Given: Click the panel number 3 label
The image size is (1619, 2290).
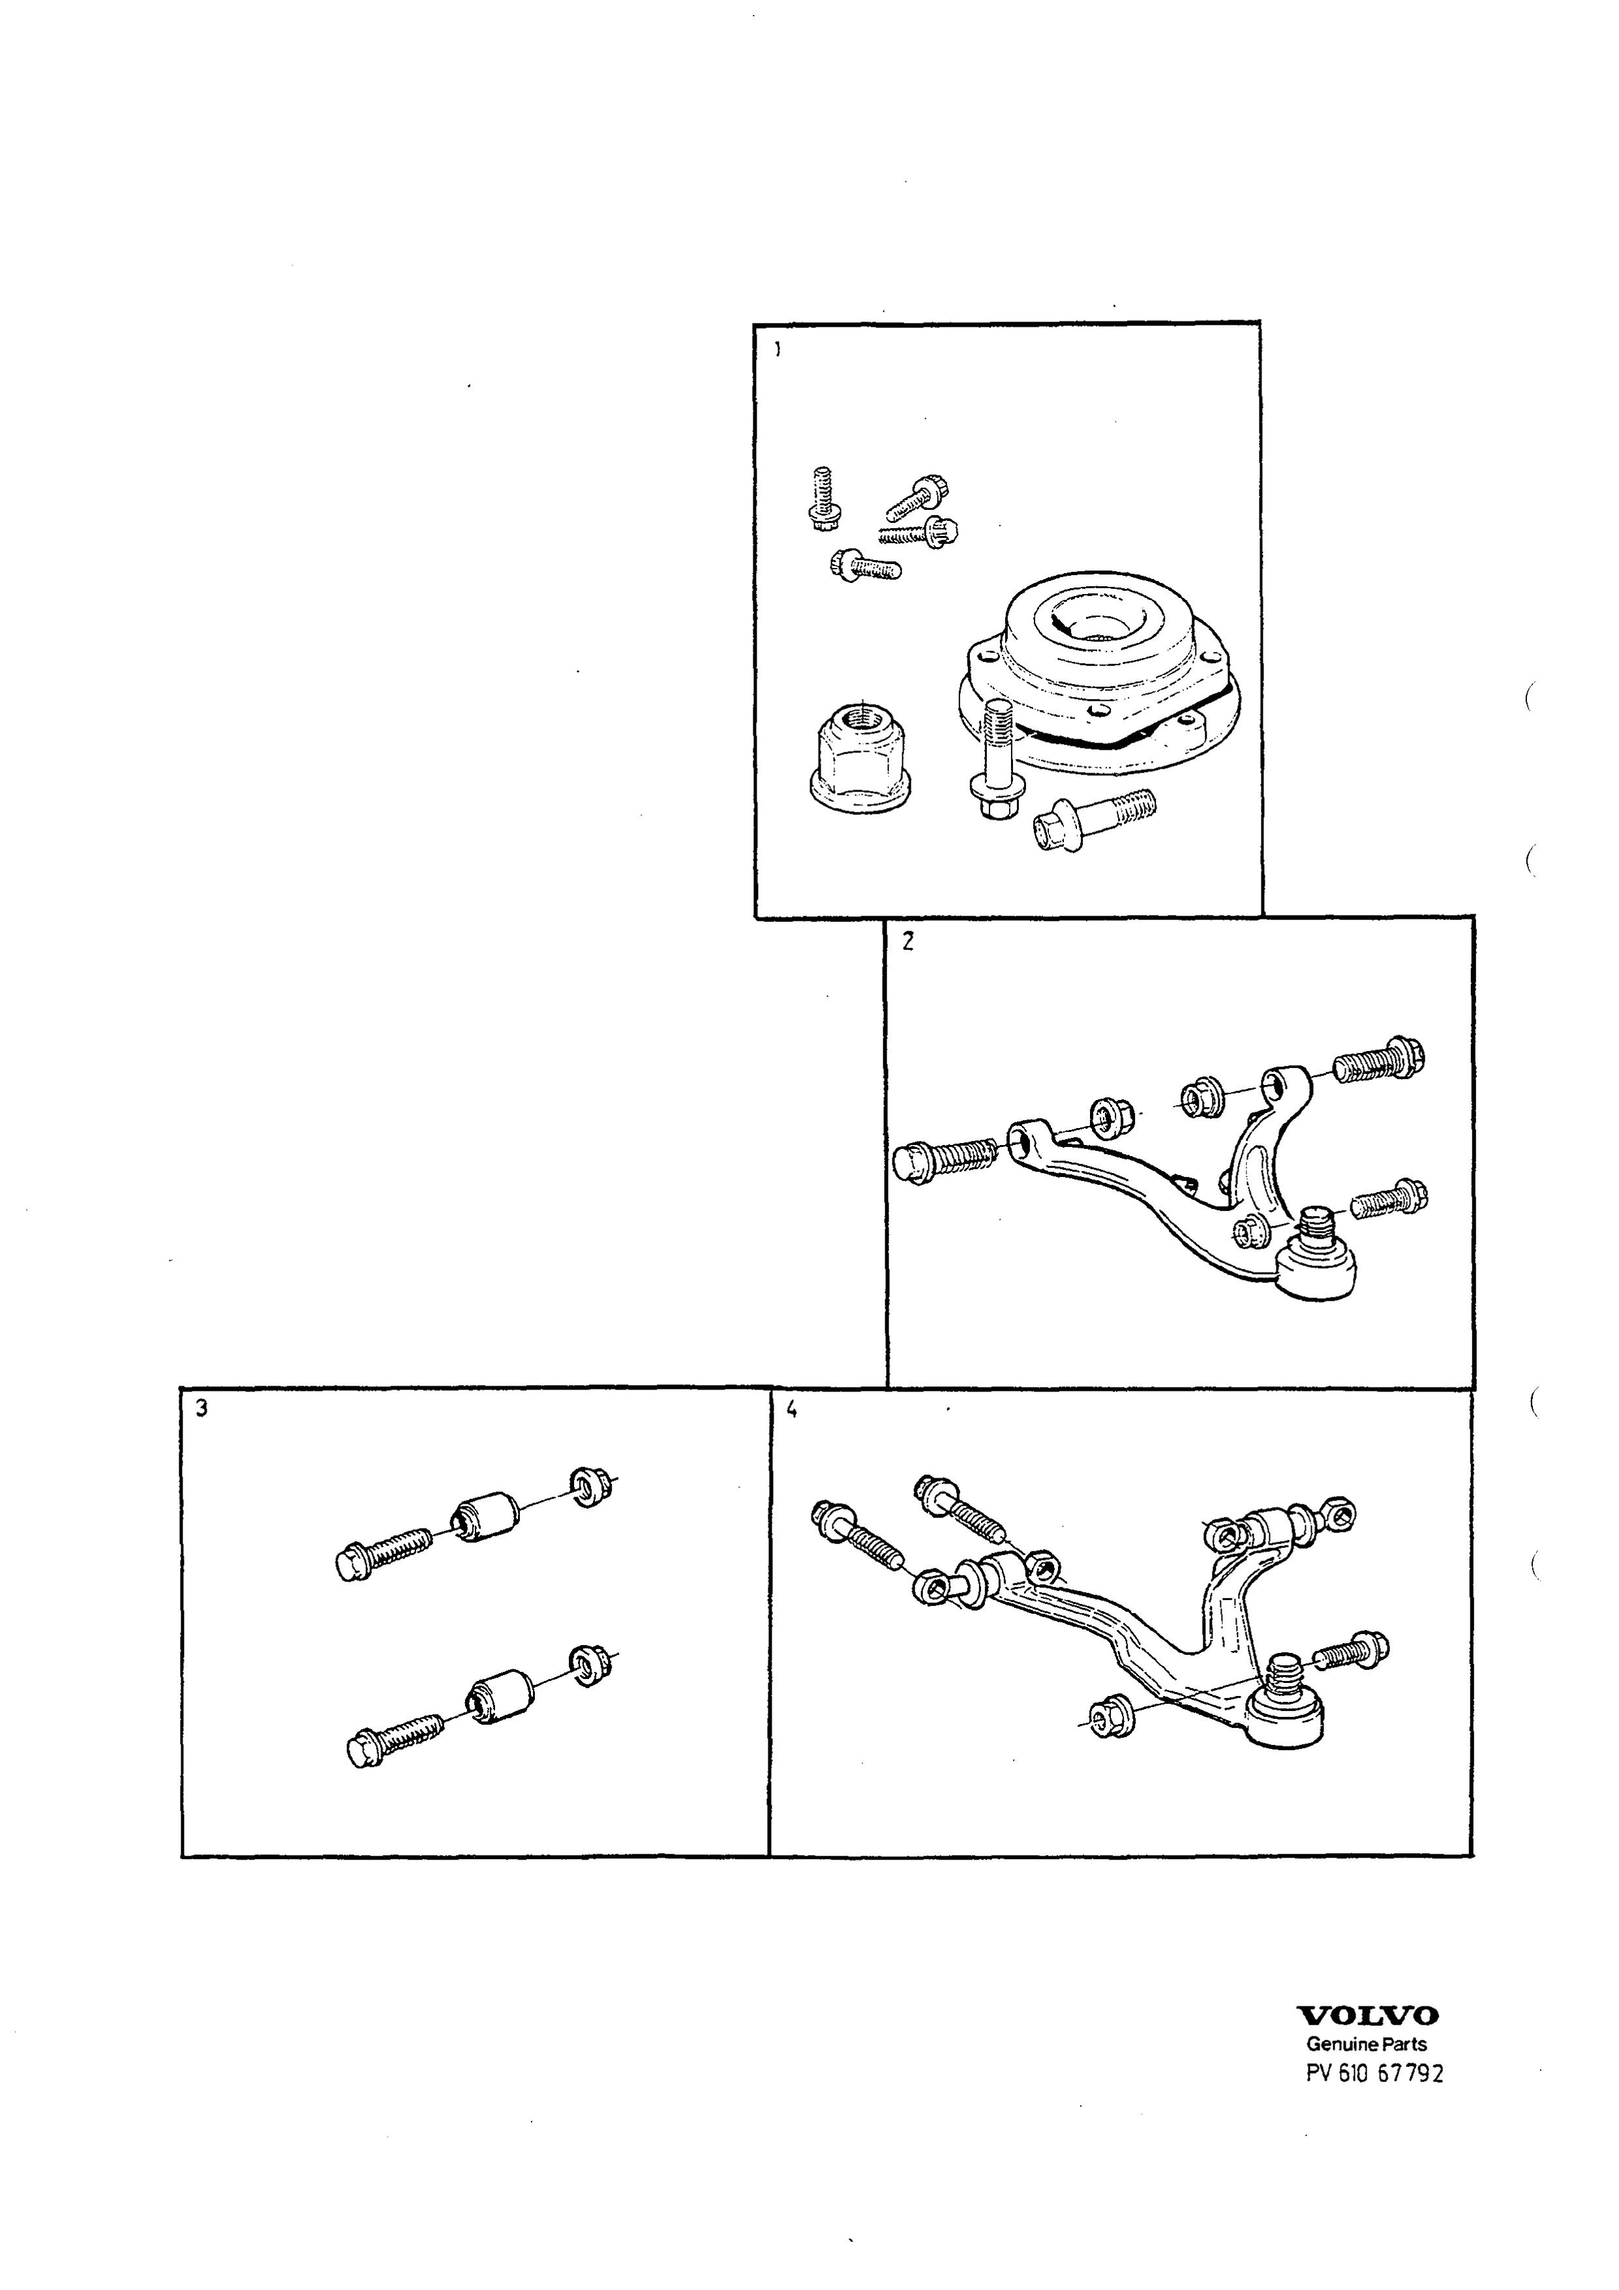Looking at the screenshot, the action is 202,1408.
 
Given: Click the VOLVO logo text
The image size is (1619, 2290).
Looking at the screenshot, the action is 1366,2014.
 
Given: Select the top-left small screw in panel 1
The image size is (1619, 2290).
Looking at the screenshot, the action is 823,499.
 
